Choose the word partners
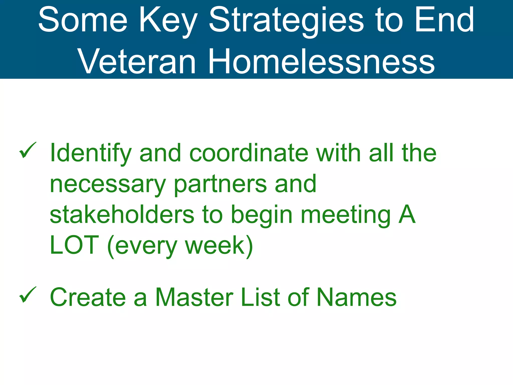click(x=220, y=184)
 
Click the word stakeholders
click(x=122, y=215)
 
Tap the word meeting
click(x=346, y=215)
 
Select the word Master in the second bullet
click(x=194, y=297)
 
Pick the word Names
click(x=356, y=297)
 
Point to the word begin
click(x=262, y=215)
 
